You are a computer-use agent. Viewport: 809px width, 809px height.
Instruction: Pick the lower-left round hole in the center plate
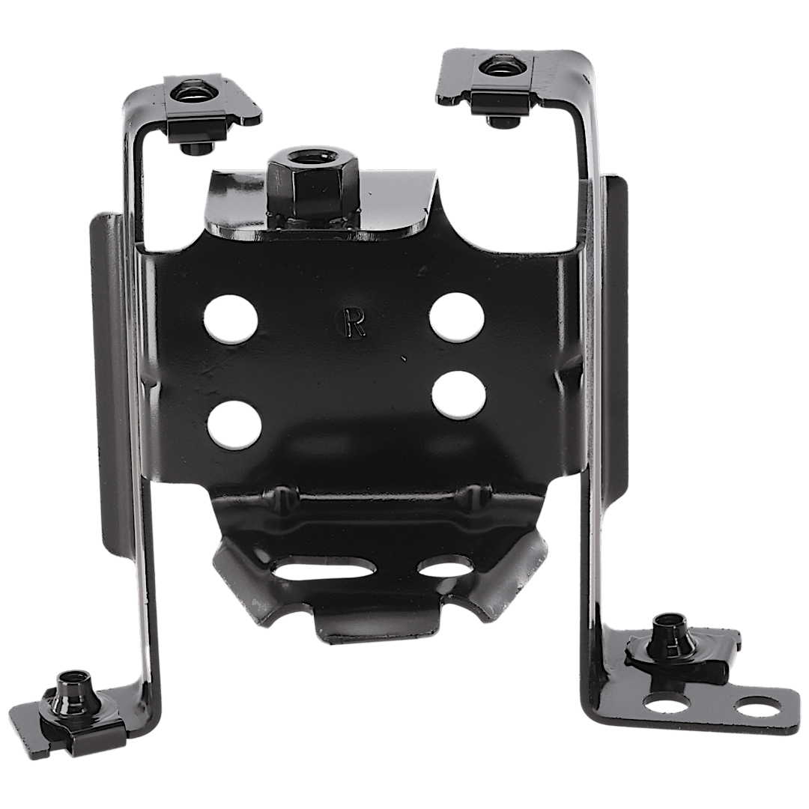234,423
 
